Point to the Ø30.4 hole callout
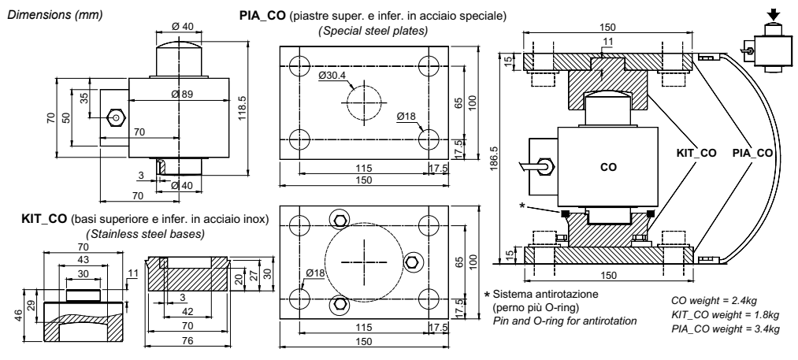[x=334, y=76]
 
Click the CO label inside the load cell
[x=607, y=167]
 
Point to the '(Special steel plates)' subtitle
[x=373, y=31]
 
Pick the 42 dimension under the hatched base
[x=184, y=311]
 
